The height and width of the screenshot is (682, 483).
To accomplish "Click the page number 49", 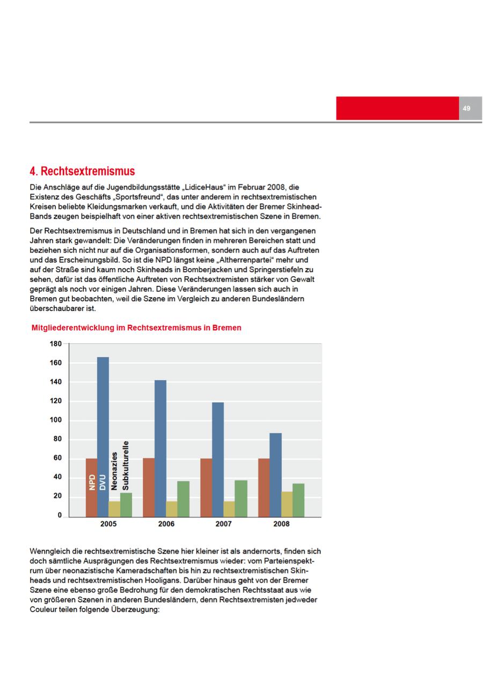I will (x=466, y=109).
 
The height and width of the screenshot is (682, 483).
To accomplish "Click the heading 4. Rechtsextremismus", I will (x=82, y=172).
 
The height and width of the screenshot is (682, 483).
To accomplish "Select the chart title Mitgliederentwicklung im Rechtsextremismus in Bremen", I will (x=137, y=328).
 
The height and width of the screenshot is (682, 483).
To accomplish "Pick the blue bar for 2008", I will (x=275, y=475).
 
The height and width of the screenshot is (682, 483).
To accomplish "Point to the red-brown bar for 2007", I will (x=206, y=488).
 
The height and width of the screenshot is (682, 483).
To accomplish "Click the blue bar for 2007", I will (x=218, y=459).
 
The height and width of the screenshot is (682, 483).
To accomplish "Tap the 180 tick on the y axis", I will (x=56, y=344).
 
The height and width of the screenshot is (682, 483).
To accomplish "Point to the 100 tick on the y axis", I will (x=56, y=420).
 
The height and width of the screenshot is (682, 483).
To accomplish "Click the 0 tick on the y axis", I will (x=60, y=515).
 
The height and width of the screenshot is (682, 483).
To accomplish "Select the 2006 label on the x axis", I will (x=166, y=524).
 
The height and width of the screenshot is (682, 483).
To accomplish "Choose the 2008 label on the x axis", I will (x=281, y=524).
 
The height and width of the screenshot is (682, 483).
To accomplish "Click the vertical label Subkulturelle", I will (x=126, y=465).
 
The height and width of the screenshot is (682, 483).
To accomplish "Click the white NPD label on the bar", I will (x=91, y=481).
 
